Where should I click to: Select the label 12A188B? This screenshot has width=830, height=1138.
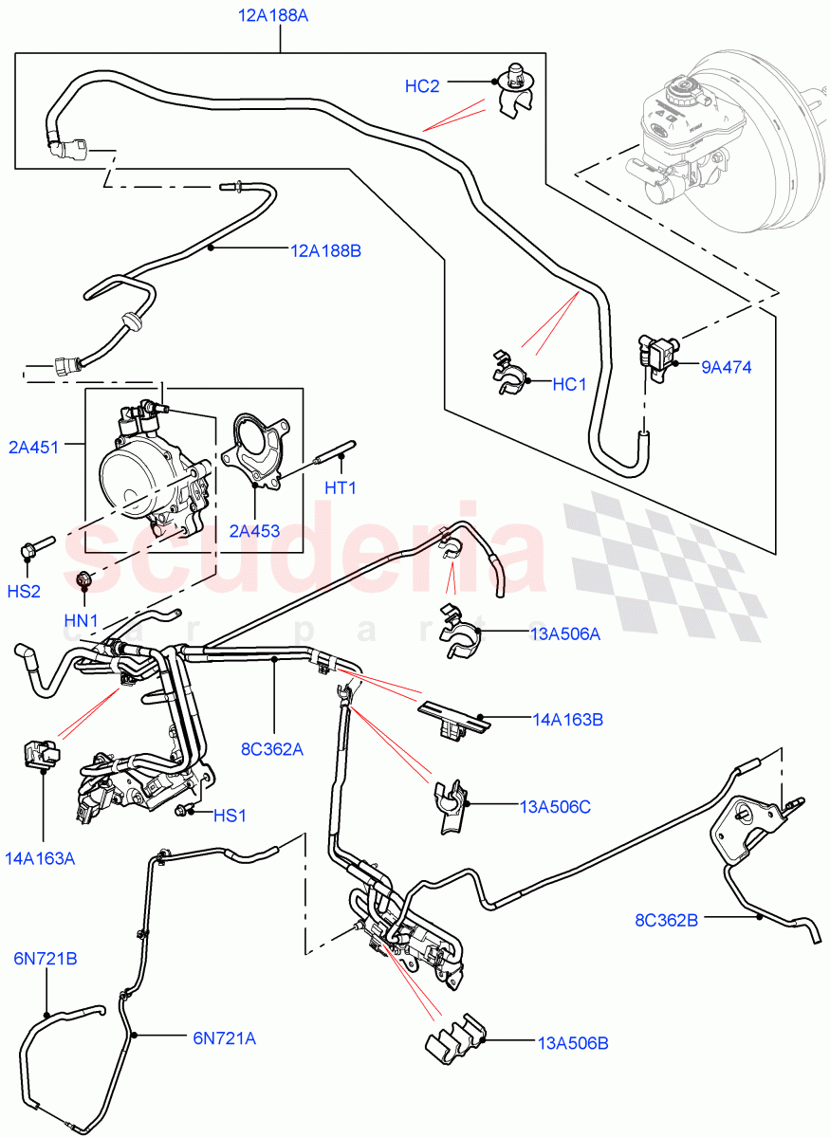pyautogui.click(x=325, y=251)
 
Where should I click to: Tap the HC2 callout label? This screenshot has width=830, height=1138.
pyautogui.click(x=422, y=85)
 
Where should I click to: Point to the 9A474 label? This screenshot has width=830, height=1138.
pyautogui.click(x=726, y=366)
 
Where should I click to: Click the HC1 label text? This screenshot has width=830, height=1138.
pyautogui.click(x=571, y=384)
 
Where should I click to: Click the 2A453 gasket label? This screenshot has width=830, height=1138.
pyautogui.click(x=253, y=531)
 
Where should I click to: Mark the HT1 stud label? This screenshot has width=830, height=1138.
pyautogui.click(x=340, y=488)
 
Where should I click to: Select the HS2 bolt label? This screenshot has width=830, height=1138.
pyautogui.click(x=24, y=591)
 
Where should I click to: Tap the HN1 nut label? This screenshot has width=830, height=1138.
pyautogui.click(x=82, y=621)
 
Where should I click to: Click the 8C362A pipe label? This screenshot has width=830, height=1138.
pyautogui.click(x=271, y=749)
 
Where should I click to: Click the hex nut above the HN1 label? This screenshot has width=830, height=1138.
pyautogui.click(x=83, y=578)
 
